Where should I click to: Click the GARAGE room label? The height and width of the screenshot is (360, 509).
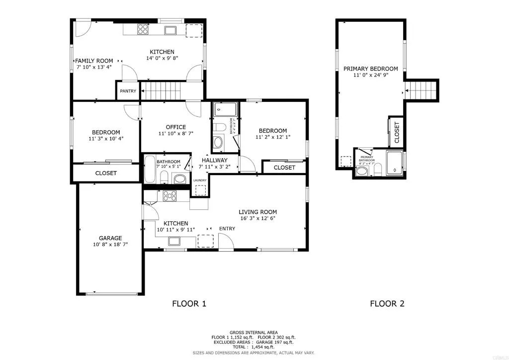pos(110,238)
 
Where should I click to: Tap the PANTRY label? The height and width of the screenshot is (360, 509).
pos(128,91)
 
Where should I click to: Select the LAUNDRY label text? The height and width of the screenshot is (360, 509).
pos(200,180)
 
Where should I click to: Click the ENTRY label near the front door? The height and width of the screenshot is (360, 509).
pos(227,229)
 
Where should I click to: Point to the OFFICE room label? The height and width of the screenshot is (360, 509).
pos(172,127)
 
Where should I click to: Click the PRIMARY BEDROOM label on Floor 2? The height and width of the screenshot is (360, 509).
pos(371,69)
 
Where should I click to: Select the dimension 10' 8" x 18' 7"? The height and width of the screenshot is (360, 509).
pos(110,244)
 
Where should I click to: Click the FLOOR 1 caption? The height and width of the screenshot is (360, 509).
pos(189,303)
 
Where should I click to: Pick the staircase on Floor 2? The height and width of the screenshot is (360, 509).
pos(422,90)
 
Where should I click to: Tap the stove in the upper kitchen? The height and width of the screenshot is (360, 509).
pos(143,29)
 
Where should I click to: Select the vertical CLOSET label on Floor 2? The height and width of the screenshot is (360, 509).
pos(397,133)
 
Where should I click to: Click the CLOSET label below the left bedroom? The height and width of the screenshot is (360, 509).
pos(106,173)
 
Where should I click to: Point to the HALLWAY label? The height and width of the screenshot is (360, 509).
pos(215,160)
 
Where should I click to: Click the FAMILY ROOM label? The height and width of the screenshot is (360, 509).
pos(94,61)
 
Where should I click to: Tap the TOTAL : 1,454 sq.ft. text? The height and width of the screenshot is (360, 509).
pos(254,347)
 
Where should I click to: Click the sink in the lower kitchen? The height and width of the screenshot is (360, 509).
pos(174,242)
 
